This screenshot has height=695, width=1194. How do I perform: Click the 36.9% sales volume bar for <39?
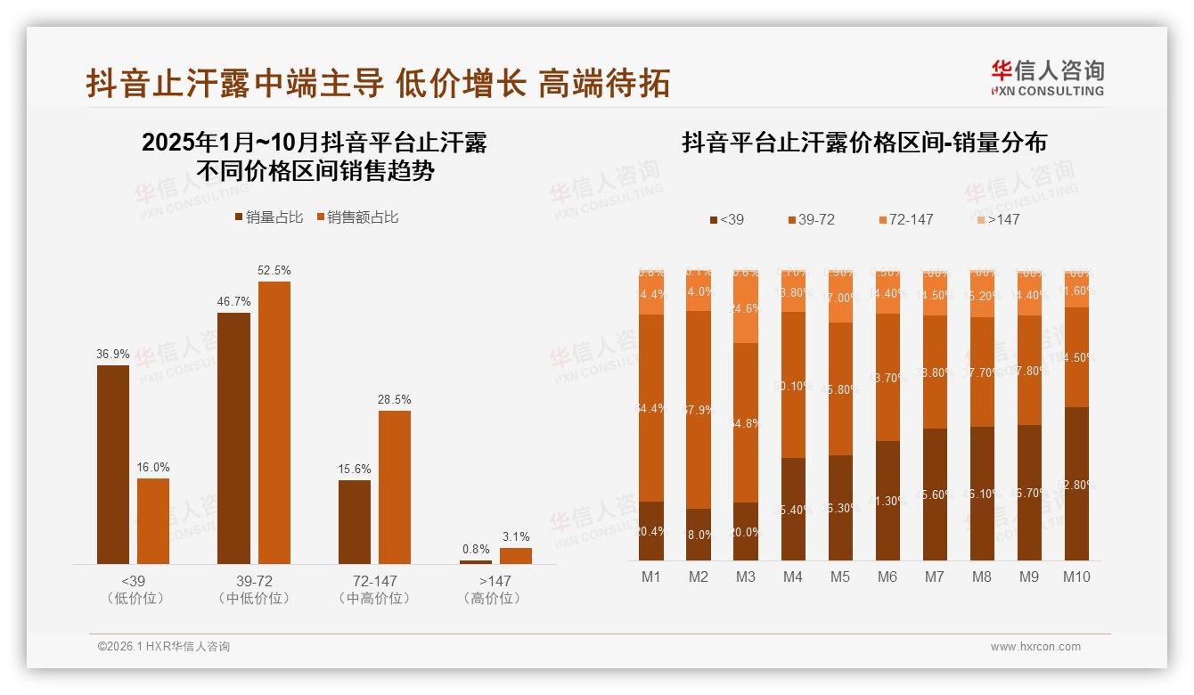click(113, 464)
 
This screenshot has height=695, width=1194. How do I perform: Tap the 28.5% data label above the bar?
click(395, 399)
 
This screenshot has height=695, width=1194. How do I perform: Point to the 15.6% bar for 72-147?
click(355, 521)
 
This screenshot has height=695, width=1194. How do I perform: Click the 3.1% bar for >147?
click(516, 555)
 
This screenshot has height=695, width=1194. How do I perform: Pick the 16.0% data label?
click(153, 467)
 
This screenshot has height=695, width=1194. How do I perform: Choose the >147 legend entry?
click(998, 219)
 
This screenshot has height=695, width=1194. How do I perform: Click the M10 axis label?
click(1076, 576)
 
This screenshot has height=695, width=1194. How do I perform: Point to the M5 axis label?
click(840, 576)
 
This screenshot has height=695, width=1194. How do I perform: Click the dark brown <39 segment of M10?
click(1076, 483)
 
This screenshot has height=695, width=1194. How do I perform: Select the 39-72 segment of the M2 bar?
click(699, 409)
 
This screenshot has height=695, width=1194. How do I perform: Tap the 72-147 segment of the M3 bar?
click(746, 308)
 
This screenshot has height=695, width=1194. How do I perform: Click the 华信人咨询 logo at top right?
click(1048, 78)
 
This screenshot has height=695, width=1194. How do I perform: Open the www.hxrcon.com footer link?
click(1035, 647)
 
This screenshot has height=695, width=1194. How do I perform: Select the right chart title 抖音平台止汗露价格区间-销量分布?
click(864, 143)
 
